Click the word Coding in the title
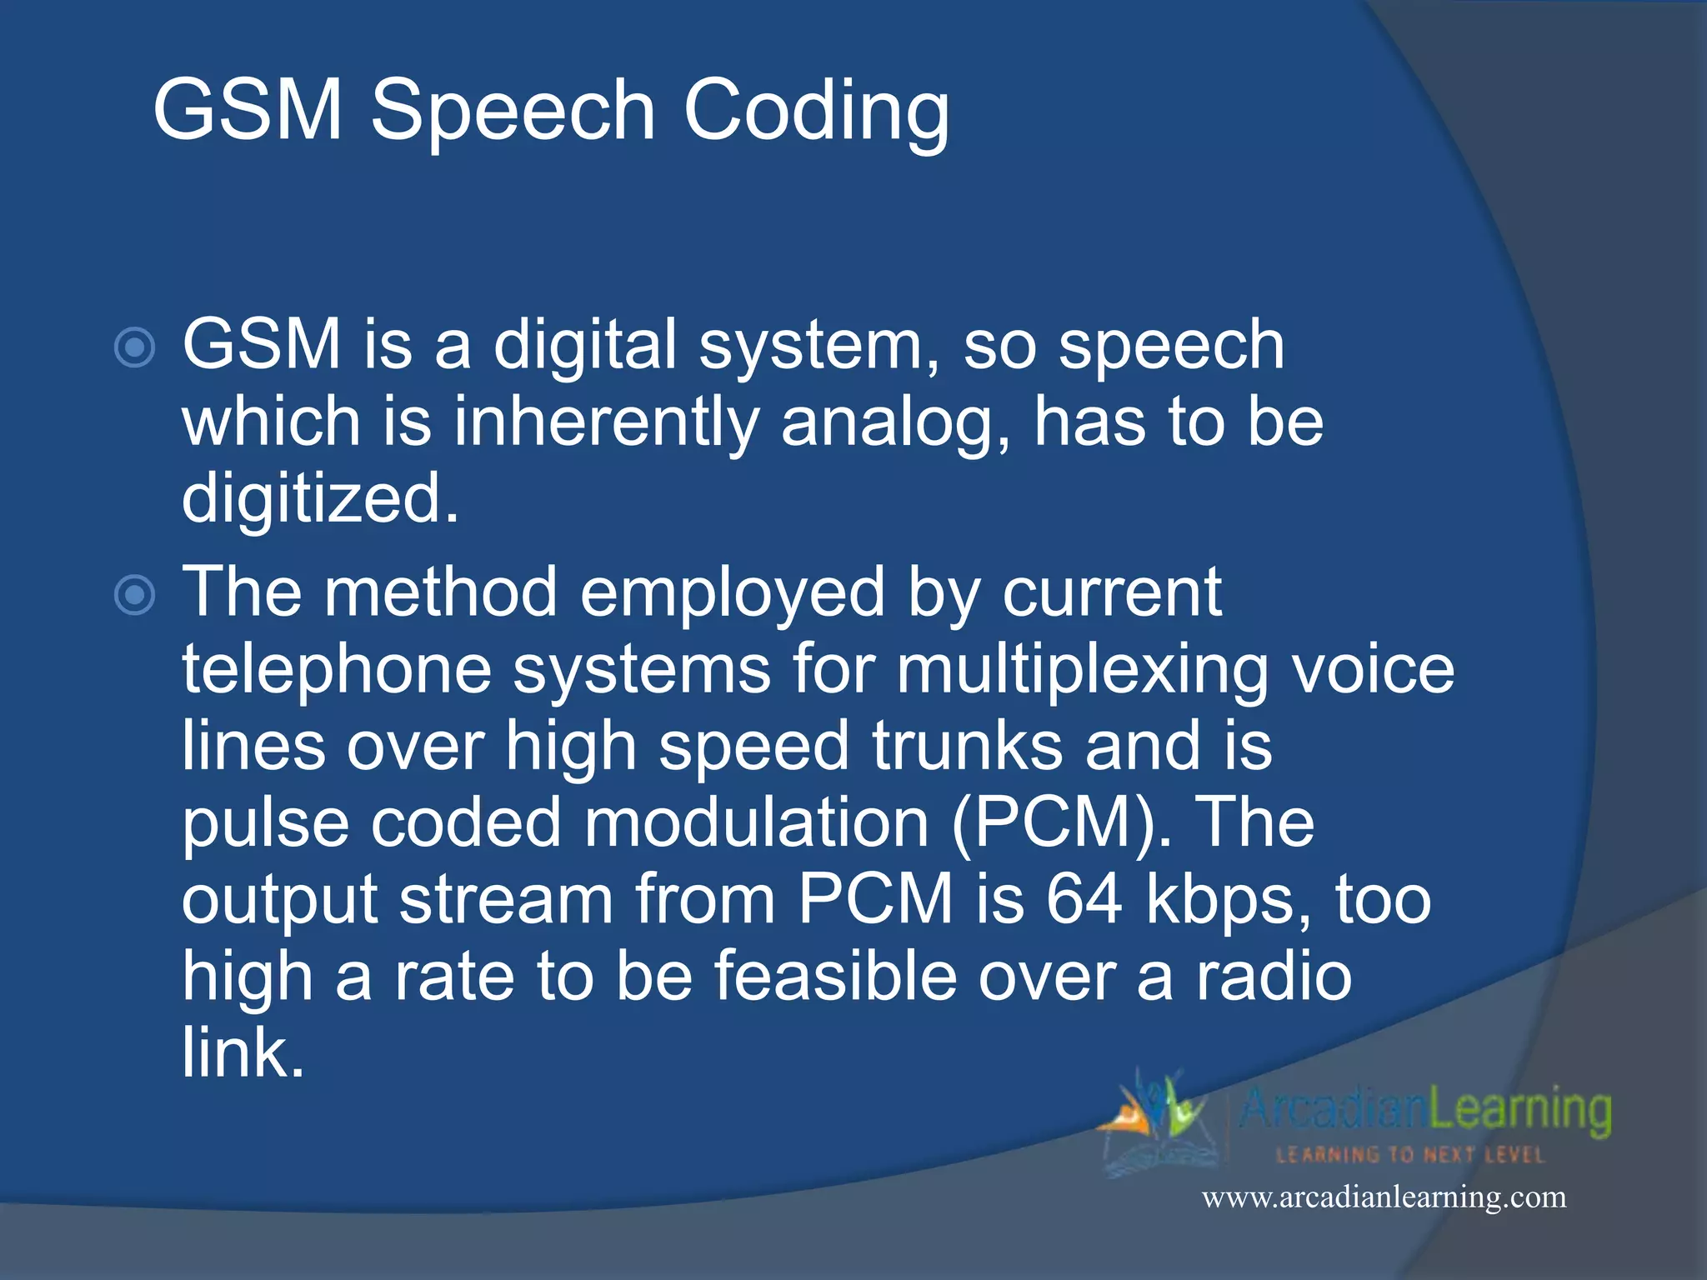coord(816,111)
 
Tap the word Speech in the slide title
coord(513,111)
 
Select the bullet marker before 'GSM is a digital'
coord(134,347)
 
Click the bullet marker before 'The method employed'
coord(134,595)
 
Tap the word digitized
coord(320,498)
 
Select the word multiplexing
coord(1083,670)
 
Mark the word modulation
coord(756,822)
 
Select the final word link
coord(243,1052)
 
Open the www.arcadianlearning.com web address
coord(1384,1197)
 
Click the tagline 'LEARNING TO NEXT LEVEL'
coord(1410,1155)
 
